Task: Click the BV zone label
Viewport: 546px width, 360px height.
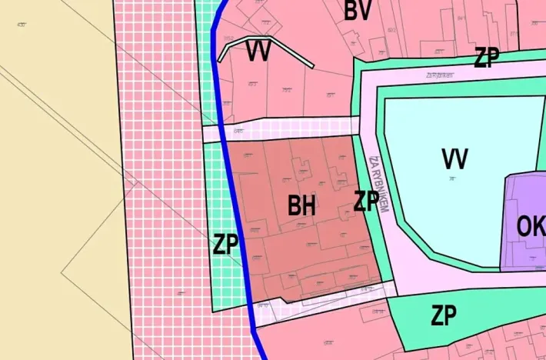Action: pos(358,12)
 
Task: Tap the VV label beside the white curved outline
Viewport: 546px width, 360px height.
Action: pos(258,52)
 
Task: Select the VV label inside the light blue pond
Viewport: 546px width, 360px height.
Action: pos(455,158)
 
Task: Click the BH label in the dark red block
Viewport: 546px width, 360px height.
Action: pos(302,205)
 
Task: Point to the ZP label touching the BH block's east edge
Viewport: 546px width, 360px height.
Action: pos(366,201)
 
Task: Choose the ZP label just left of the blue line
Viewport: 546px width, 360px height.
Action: pos(225,245)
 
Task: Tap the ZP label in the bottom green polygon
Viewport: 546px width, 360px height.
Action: pos(444,315)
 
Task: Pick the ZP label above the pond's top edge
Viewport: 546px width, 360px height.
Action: pos(486,57)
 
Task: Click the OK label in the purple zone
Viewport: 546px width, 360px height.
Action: pos(530,228)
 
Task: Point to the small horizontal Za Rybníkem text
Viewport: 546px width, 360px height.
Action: pos(439,75)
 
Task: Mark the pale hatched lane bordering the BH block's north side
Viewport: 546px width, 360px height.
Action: pos(292,129)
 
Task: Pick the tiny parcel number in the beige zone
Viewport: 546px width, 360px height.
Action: pos(21,25)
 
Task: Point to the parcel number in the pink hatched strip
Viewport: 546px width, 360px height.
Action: pos(182,294)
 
